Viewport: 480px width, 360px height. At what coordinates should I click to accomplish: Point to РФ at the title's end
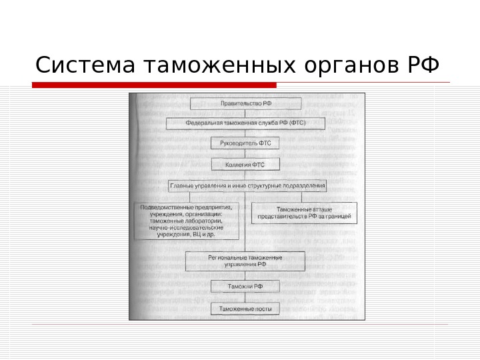pyautogui.click(x=422, y=66)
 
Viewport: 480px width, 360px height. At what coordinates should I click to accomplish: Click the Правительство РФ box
pyautogui.click(x=246, y=103)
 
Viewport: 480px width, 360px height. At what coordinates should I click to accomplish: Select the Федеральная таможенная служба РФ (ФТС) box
pyautogui.click(x=246, y=123)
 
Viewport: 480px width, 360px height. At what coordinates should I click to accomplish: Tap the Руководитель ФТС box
pyautogui.click(x=246, y=143)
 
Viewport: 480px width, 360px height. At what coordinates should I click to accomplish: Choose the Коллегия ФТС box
pyautogui.click(x=246, y=164)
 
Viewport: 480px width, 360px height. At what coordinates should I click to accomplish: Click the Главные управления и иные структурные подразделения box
pyautogui.click(x=247, y=185)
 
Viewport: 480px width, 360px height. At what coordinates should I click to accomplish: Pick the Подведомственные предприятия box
pyautogui.click(x=187, y=221)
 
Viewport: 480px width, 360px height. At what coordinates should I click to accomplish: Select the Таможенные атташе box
pyautogui.click(x=304, y=213)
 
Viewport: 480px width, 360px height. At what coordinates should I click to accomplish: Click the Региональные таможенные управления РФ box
pyautogui.click(x=245, y=261)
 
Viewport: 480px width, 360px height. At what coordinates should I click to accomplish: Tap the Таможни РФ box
pyautogui.click(x=246, y=287)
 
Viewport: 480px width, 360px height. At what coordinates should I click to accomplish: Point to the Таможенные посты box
pyautogui.click(x=246, y=309)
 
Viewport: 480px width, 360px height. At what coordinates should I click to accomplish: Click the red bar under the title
pyautogui.click(x=154, y=85)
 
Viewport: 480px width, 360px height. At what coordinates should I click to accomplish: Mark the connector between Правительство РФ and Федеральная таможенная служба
pyautogui.click(x=246, y=113)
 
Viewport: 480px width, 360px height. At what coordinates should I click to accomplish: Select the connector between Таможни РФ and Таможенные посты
pyautogui.click(x=246, y=298)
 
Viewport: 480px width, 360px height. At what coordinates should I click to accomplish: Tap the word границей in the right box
pyautogui.click(x=341, y=217)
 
